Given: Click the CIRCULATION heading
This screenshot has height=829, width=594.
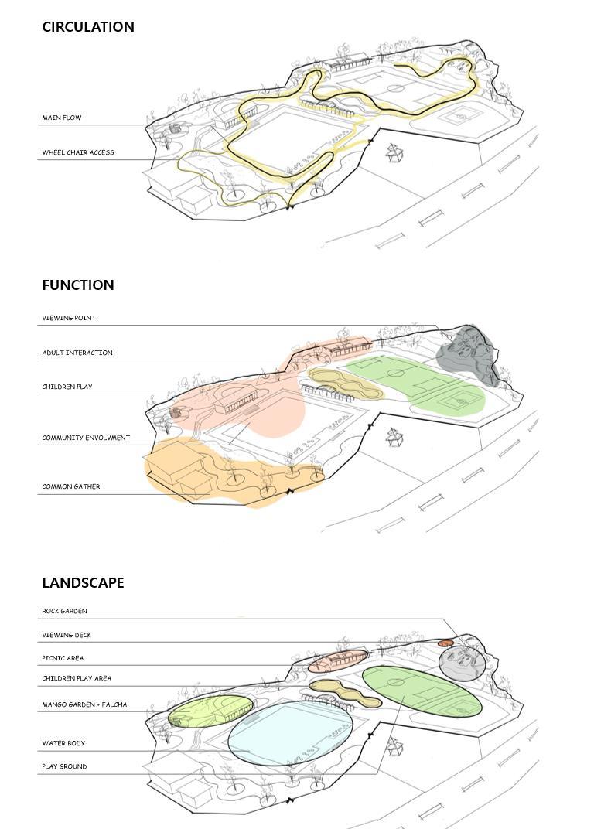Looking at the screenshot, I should coord(88,27).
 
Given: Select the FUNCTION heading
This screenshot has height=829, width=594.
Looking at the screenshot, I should coord(78,285).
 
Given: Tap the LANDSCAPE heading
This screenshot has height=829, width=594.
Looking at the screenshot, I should coord(83,583).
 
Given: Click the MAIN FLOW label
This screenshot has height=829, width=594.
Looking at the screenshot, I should coord(62,118).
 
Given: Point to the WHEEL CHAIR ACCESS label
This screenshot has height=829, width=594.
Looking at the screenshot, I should coord(78,153).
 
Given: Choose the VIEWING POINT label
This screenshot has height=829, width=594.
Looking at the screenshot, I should coord(69,319).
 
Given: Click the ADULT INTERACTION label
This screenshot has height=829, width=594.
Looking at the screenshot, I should coord(77,353).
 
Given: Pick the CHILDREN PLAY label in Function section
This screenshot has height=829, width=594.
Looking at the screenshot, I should coord(67,387).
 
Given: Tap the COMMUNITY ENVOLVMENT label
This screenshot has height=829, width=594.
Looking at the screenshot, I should coord(86,438).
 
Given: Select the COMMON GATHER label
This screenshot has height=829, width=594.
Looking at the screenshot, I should coord(71,487).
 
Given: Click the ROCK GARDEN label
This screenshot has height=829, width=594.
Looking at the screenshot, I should coord(64,612).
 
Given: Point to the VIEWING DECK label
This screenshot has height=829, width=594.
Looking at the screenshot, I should coord(67,636).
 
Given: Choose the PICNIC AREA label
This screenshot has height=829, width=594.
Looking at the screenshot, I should coord(63,659).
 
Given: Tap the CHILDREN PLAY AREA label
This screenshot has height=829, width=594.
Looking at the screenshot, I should coord(77,679).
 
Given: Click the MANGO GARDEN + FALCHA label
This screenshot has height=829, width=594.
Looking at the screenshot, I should coord(84,705).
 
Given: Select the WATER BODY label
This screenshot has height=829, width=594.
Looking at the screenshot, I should coord(63,744).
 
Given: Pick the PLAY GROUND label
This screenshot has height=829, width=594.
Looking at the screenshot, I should coord(64,767).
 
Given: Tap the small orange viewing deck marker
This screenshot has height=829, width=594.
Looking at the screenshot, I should coord(445,643).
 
